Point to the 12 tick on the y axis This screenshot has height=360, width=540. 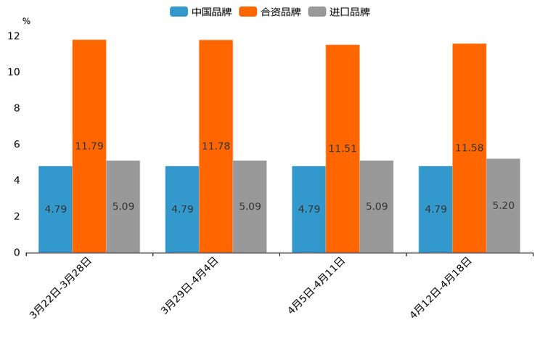point(14,36)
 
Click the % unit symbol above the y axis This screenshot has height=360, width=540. point(26,21)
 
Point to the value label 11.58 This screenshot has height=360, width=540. point(470,148)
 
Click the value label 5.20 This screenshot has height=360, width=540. point(503,205)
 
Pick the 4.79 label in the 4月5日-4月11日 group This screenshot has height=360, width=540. point(309,209)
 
